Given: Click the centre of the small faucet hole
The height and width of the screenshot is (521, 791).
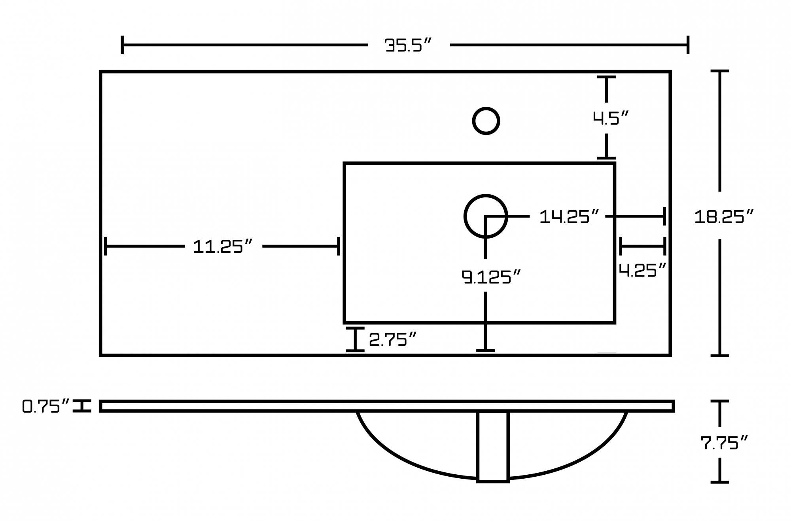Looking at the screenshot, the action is click(x=486, y=121).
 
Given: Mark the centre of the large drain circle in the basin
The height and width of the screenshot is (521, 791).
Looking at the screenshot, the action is click(x=486, y=216).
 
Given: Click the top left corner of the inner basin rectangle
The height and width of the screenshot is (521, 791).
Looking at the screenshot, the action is click(x=344, y=163).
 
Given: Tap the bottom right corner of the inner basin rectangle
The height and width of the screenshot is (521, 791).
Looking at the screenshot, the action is click(x=615, y=323).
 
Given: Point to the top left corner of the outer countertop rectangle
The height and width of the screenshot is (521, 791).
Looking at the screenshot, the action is click(x=100, y=72).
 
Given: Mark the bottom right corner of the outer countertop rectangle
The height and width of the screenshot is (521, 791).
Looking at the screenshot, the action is click(x=670, y=355).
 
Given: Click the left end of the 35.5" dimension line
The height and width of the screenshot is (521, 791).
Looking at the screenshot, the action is click(x=122, y=45).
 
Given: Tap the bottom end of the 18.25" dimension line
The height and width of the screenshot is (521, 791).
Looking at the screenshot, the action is click(x=720, y=355).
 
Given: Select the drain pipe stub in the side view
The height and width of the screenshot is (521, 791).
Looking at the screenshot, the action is click(x=493, y=447).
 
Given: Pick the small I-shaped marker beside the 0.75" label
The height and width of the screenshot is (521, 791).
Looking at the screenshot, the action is click(x=82, y=406).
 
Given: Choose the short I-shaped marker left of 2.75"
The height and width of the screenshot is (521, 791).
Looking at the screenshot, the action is click(x=355, y=339).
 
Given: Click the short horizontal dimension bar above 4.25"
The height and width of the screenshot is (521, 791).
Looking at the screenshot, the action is click(x=643, y=246).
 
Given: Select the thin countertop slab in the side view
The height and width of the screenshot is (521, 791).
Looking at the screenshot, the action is click(x=387, y=406).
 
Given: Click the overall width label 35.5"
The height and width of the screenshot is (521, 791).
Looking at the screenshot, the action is click(x=409, y=45).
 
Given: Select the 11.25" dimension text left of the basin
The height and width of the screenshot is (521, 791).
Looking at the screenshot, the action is click(x=223, y=246).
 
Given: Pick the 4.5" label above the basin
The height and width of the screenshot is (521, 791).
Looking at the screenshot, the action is click(x=611, y=117).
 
